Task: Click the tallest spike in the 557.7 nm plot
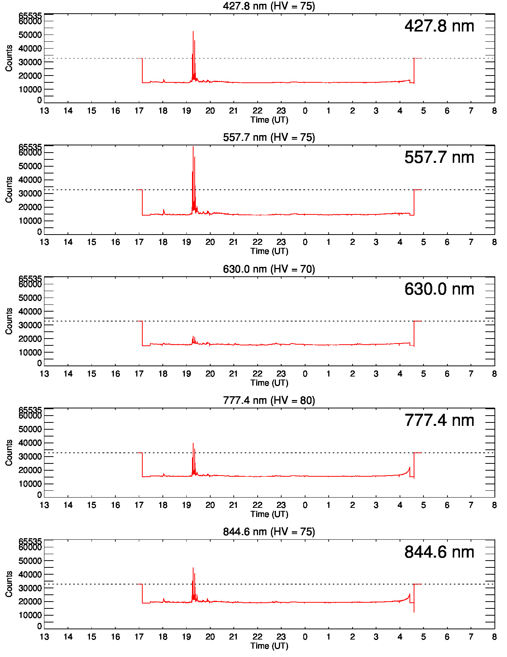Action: pyautogui.click(x=193, y=147)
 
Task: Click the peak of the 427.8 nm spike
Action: pyautogui.click(x=193, y=32)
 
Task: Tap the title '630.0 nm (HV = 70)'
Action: pyautogui.click(x=269, y=269)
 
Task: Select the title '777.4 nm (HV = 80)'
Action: pyautogui.click(x=269, y=400)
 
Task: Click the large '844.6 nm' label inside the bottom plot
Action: pyautogui.click(x=439, y=552)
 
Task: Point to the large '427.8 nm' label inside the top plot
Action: pyautogui.click(x=439, y=26)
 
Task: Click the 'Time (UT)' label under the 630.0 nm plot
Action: pyautogui.click(x=269, y=383)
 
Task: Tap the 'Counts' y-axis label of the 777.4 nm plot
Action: pyautogui.click(x=9, y=452)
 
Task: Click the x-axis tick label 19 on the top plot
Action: pyautogui.click(x=186, y=111)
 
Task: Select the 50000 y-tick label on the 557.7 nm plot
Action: pyautogui.click(x=30, y=166)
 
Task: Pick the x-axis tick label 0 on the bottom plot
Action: pyautogui.click(x=305, y=637)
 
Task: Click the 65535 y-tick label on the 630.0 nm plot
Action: pyautogui.click(x=30, y=279)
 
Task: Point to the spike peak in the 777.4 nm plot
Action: pyautogui.click(x=193, y=444)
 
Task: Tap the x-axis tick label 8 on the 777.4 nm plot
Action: pyautogui.click(x=494, y=505)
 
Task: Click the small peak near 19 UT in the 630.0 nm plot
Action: pyautogui.click(x=193, y=337)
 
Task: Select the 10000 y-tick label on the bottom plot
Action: pyautogui.click(x=30, y=615)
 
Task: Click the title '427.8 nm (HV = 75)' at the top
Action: pyautogui.click(x=269, y=6)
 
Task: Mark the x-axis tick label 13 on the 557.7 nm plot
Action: pyautogui.click(x=44, y=242)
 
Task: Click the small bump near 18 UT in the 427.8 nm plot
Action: pyautogui.click(x=164, y=80)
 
